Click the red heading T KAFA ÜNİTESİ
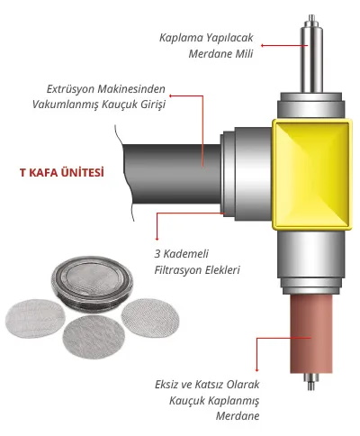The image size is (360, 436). point(62,173)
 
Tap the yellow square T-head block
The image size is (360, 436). point(312,174)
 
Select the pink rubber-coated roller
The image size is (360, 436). point(311,333)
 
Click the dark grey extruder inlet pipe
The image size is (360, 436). point(172,174)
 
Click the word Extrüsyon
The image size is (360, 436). point(71,89)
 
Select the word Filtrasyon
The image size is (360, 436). point(174,270)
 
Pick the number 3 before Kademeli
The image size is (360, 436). point(157,254)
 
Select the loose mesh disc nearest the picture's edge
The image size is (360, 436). point(35,319)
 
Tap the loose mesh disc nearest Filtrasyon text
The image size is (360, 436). point(150,318)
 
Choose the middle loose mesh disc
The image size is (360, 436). point(94,337)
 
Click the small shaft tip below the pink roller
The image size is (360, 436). point(311,381)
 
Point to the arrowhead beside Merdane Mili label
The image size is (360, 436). point(262,46)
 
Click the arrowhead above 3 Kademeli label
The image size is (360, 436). point(157,239)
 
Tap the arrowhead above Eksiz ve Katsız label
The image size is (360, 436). point(256,370)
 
